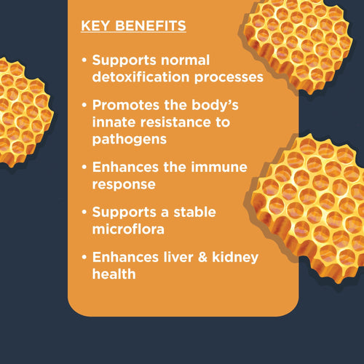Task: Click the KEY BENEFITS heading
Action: pos(133,27)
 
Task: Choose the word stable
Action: pos(191,213)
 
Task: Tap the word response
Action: pos(124,184)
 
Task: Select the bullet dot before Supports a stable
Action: pos(85,213)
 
